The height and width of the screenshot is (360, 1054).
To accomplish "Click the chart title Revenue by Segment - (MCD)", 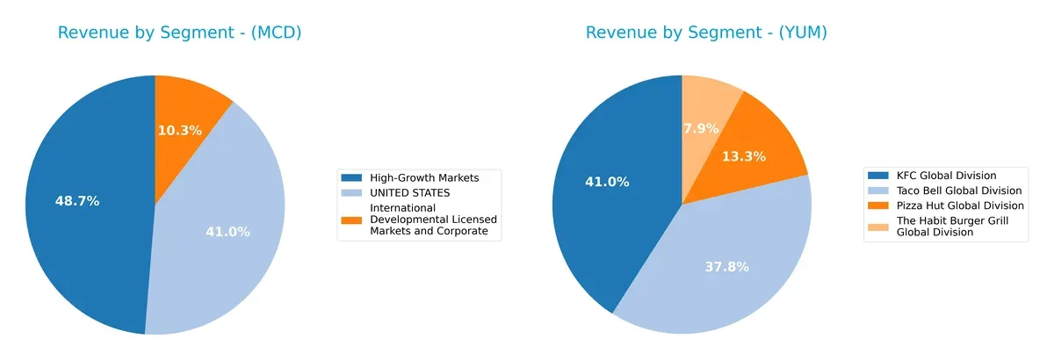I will (x=180, y=33).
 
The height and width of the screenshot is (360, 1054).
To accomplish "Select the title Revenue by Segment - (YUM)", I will (x=707, y=33).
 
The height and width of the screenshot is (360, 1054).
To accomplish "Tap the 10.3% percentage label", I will (x=180, y=130).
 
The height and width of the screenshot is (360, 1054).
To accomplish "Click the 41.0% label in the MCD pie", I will (x=228, y=232).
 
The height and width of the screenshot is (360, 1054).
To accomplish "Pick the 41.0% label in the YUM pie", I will (x=607, y=182).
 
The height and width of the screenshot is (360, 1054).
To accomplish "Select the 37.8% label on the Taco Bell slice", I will (x=726, y=267).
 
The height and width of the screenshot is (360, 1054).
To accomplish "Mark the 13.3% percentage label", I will (x=743, y=156).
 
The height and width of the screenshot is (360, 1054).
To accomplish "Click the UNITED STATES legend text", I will (x=409, y=192).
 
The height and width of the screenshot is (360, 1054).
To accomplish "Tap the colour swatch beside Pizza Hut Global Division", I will (x=879, y=205).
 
